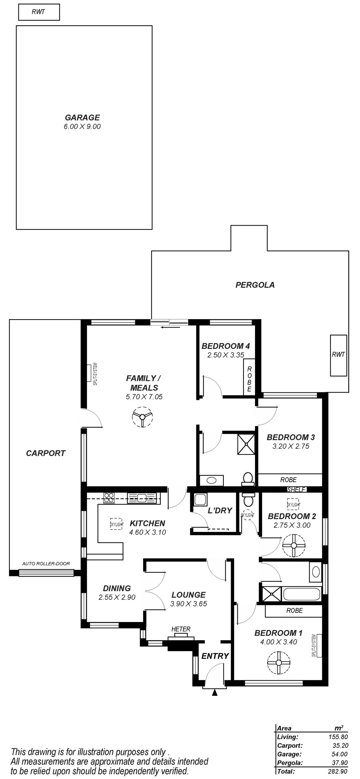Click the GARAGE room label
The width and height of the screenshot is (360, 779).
coord(82,117)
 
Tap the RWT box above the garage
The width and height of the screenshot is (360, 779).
coord(39,12)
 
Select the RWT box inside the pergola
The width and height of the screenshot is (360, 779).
coord(338,355)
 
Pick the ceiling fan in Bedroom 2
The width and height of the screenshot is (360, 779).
coord(294,545)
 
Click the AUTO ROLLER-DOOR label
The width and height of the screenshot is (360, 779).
coord(46,564)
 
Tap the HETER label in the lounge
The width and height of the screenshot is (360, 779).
coord(181,629)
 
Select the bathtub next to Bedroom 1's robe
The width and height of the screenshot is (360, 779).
coord(301,593)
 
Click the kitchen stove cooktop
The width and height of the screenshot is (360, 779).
coord(109,498)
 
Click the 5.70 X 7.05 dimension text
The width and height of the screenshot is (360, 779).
coord(144,397)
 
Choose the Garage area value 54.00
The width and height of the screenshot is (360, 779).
coord(339,754)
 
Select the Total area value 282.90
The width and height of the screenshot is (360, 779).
coord(337,771)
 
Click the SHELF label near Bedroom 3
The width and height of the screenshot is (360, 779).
coord(296,490)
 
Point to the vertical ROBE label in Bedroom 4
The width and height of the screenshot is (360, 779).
coord(249,379)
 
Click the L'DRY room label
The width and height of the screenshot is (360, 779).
coord(220,510)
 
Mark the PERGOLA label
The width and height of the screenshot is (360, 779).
coord(255,285)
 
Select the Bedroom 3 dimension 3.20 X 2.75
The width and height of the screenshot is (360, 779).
coord(291,446)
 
